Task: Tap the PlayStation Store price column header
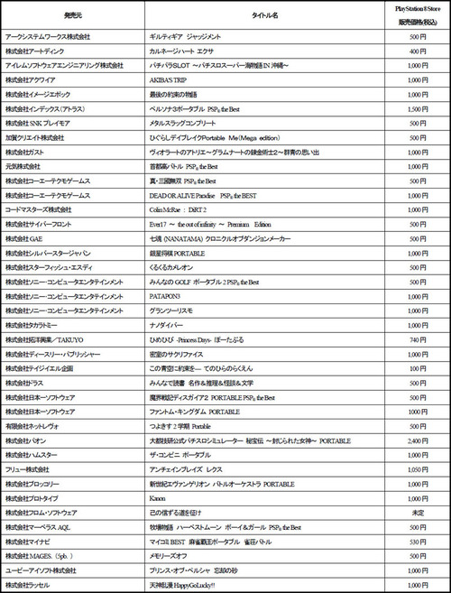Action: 410,15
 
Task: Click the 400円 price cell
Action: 410,52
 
